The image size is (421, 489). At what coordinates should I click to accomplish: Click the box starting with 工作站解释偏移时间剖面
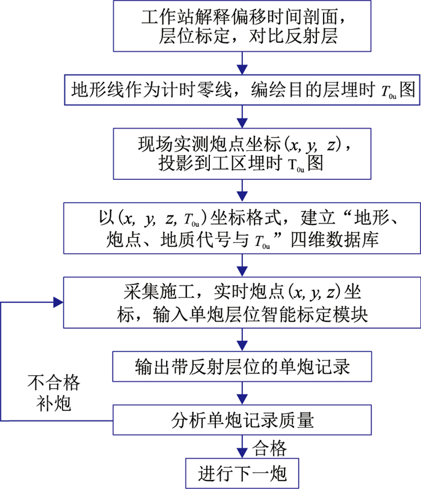[x=242, y=26]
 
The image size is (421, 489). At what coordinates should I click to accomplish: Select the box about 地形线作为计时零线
[x=242, y=90]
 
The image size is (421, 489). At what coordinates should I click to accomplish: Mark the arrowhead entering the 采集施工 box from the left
[x=58, y=301]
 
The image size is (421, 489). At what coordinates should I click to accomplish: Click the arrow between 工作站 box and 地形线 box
[x=242, y=64]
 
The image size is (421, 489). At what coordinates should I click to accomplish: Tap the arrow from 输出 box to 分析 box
[x=242, y=395]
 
